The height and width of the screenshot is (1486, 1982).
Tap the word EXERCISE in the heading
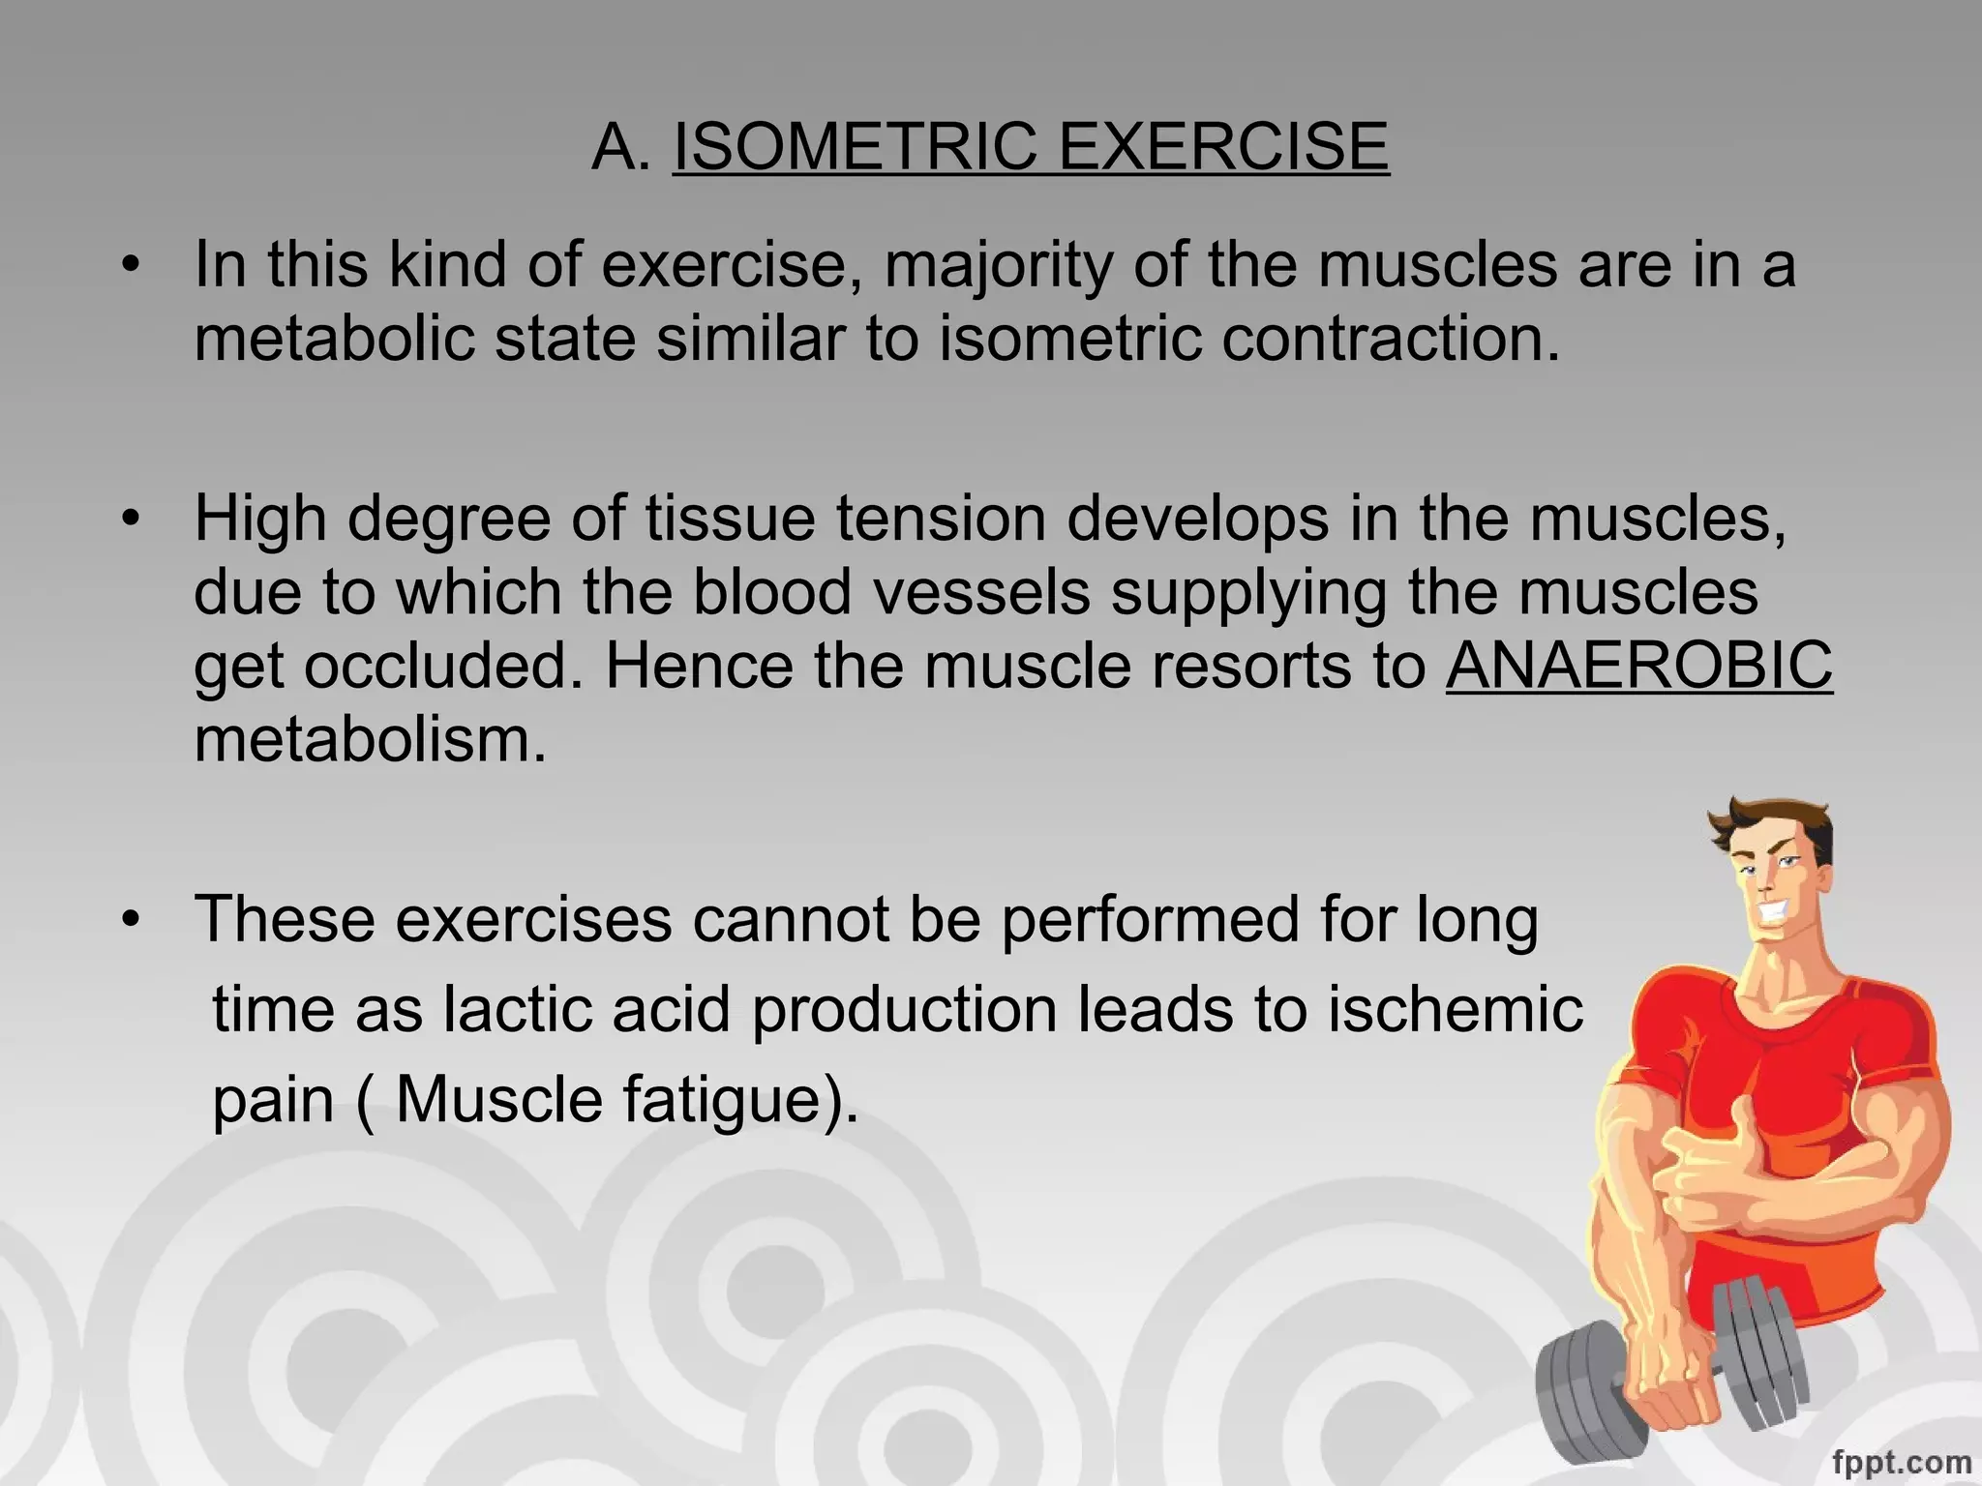pos(1222,147)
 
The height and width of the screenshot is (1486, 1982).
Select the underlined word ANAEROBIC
pos(1638,666)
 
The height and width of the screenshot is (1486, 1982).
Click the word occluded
pos(444,666)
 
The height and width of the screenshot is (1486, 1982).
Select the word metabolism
pos(371,740)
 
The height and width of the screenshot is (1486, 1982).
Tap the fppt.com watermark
pos(1901,1461)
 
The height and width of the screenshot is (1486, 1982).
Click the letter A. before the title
pos(620,147)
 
